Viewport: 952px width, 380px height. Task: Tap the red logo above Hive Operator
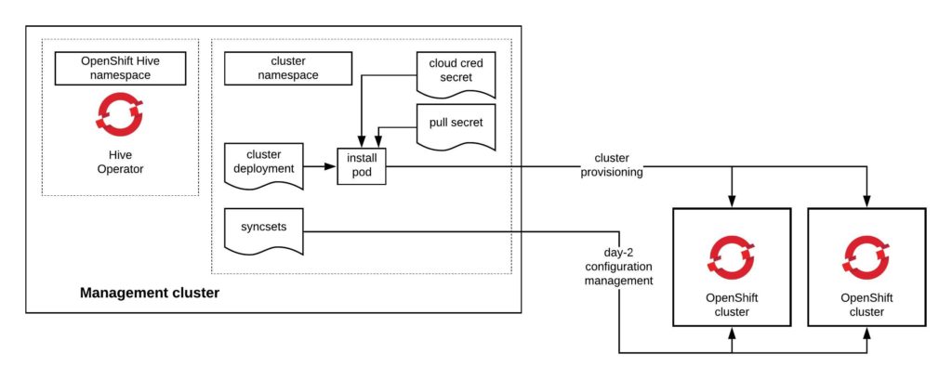(x=120, y=115)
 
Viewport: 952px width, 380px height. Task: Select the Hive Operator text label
(x=120, y=163)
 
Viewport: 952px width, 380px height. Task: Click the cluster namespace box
(x=288, y=67)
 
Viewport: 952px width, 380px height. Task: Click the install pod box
(x=360, y=166)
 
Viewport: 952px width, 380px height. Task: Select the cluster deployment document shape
(x=263, y=164)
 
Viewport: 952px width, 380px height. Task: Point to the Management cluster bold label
(x=150, y=293)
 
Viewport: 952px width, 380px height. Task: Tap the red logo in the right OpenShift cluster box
(x=866, y=256)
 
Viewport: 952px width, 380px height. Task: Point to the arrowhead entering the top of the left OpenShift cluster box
(x=732, y=202)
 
